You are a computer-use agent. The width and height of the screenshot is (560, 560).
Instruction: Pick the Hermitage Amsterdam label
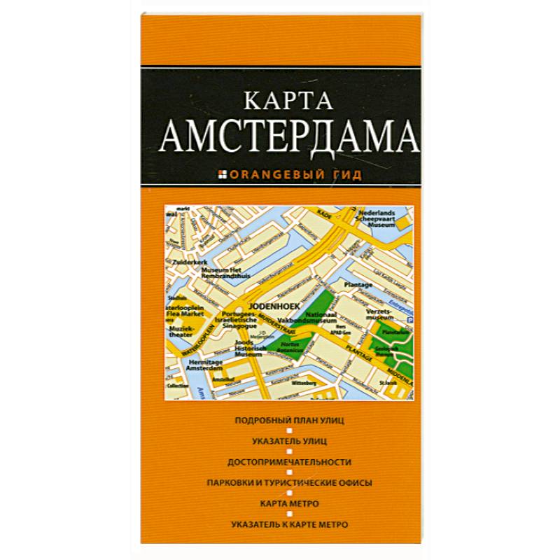click(185, 365)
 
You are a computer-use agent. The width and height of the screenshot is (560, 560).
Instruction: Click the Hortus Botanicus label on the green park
click(290, 348)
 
